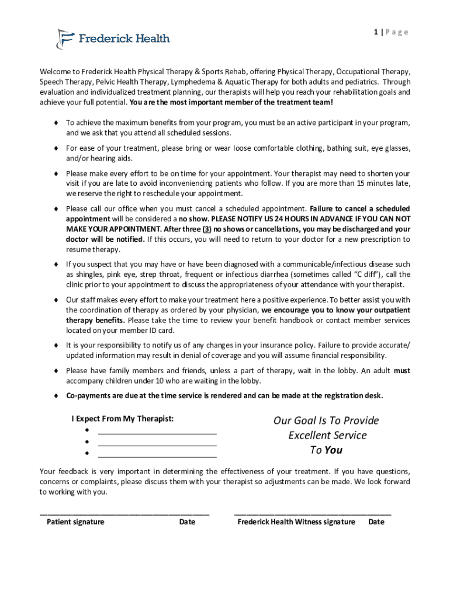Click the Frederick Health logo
(113, 39)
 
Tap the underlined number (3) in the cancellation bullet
(207, 229)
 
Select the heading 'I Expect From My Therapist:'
(122, 419)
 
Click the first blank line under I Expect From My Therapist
(157, 433)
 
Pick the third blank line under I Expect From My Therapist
(157, 456)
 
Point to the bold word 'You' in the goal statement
(333, 450)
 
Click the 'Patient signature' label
(75, 522)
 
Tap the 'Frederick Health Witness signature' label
(296, 522)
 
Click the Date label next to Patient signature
(187, 522)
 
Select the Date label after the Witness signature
(376, 522)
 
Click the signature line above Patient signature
(124, 513)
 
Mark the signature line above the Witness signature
(313, 513)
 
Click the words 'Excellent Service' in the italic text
(327, 435)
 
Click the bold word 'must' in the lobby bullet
(402, 371)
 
